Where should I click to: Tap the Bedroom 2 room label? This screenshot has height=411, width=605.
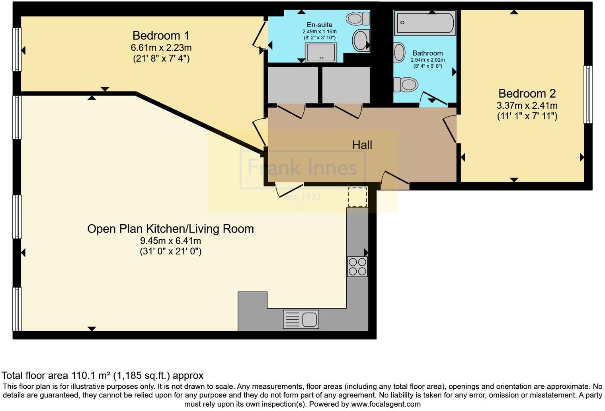point(527,94)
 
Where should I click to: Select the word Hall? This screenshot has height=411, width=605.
point(362,145)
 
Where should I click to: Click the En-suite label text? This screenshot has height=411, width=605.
point(319,25)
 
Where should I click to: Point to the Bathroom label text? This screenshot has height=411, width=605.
point(427,53)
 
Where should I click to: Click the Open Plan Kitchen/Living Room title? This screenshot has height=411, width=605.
point(170,229)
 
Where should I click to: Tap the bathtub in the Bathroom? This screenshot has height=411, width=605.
point(425,23)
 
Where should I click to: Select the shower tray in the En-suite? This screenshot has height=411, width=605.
point(321,53)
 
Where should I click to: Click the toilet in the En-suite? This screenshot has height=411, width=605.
point(358,18)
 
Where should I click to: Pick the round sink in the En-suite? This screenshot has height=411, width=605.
point(361,40)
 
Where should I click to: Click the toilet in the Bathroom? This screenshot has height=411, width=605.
point(405,84)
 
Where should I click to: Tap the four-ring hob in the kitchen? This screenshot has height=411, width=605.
point(357,266)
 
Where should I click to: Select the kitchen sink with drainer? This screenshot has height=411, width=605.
point(301,319)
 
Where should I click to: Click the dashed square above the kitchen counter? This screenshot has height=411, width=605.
point(357,197)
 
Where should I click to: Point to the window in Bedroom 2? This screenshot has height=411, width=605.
point(588,94)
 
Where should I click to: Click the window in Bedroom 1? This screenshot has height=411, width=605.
point(17,49)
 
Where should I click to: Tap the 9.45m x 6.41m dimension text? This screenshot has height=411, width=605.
point(170,241)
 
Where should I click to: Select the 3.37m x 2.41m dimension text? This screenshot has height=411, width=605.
point(527,106)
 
